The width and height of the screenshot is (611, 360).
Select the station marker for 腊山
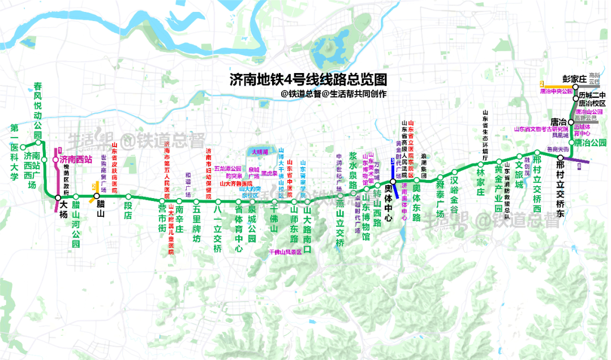click(x=97, y=196)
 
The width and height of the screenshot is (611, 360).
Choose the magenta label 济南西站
click(x=76, y=160)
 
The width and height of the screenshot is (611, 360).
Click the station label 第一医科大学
click(x=14, y=152)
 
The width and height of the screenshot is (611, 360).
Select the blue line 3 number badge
click(x=392, y=162)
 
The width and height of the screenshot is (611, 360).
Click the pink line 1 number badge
click(x=58, y=151)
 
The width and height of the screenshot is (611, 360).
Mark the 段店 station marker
click(x=128, y=197)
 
